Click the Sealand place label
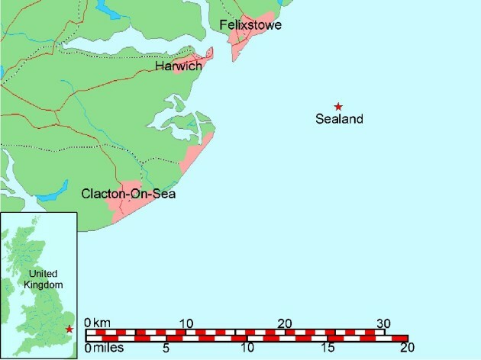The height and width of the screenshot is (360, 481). [x=339, y=119]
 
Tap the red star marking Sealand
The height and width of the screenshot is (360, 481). [x=338, y=106]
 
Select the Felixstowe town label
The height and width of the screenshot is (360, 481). [x=250, y=26]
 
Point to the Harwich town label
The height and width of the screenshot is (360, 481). [x=178, y=66]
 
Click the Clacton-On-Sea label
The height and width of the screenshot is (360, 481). [x=129, y=195]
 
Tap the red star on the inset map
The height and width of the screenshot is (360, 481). [x=69, y=329]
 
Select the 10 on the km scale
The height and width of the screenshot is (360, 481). [x=186, y=323]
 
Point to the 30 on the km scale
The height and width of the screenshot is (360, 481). [x=384, y=323]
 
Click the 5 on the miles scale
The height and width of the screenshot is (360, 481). [x=166, y=349]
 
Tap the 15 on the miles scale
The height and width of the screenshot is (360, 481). [x=327, y=349]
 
